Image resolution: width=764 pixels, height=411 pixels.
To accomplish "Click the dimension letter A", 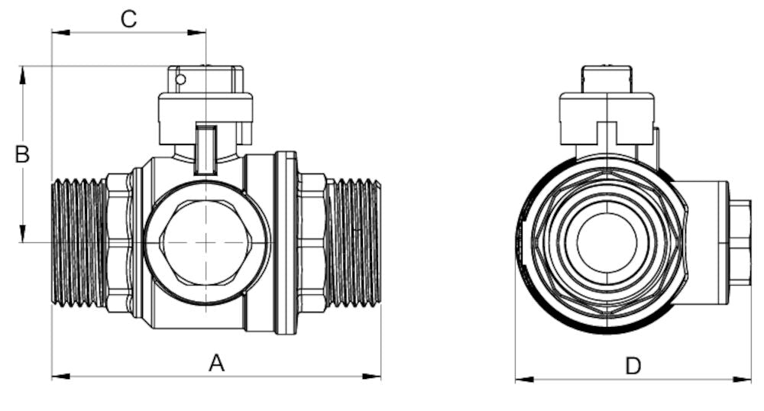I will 217,364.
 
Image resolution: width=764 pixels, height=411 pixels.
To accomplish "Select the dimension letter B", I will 23,154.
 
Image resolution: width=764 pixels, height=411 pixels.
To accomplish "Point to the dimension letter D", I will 633,366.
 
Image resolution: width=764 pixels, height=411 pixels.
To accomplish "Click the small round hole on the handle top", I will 180,79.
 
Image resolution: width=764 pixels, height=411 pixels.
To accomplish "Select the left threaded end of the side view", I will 79,243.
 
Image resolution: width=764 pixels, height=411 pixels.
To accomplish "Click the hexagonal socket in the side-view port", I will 206,241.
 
